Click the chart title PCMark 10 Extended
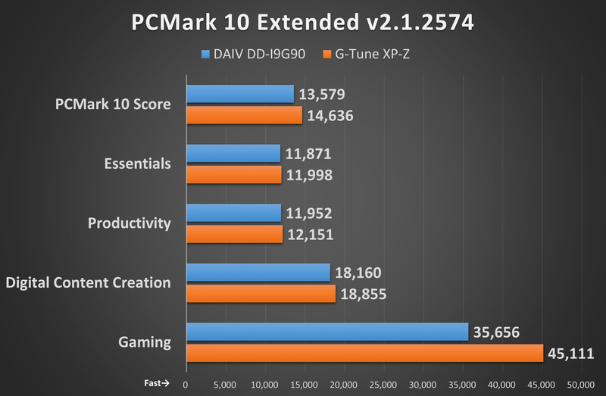pyautogui.click(x=303, y=22)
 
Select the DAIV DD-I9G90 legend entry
pyautogui.click(x=254, y=55)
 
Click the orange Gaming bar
pyautogui.click(x=364, y=353)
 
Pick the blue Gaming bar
pyautogui.click(x=327, y=332)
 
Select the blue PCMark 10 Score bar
pyautogui.click(x=239, y=94)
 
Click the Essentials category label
pyautogui.click(x=136, y=164)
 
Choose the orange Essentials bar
pyautogui.click(x=233, y=175)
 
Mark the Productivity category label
pyautogui.click(x=129, y=223)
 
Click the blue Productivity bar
pyautogui.click(x=233, y=214)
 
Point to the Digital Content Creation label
pyautogui.click(x=88, y=282)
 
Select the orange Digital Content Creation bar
pyautogui.click(x=261, y=294)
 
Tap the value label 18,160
pyautogui.click(x=360, y=273)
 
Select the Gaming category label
pyautogui.click(x=145, y=342)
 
